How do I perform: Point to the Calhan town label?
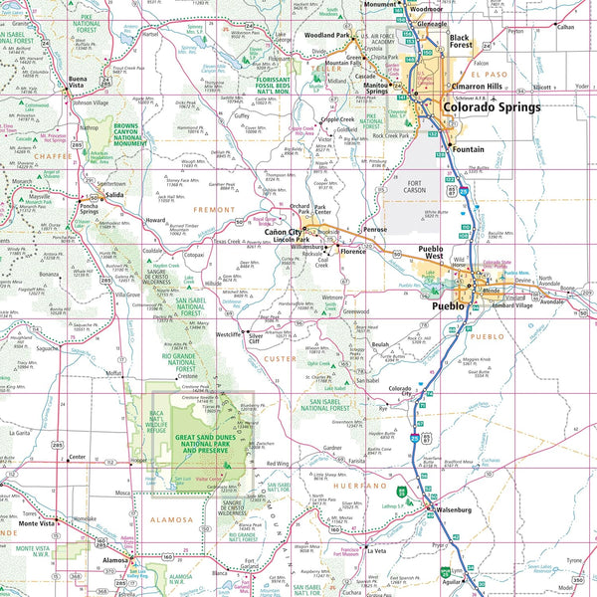[x=565, y=27]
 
